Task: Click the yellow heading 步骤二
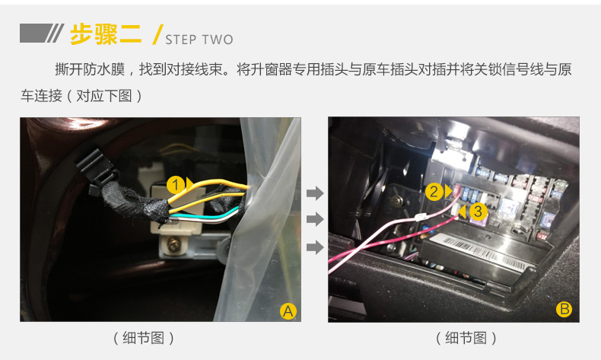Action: (106, 34)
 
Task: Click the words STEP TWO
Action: (199, 40)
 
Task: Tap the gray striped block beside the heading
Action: (42, 33)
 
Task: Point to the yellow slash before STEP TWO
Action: (157, 34)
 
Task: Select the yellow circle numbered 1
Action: (176, 185)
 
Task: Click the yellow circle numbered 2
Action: (434, 191)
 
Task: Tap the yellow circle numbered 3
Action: (478, 212)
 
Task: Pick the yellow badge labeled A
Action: (288, 311)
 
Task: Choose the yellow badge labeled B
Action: (564, 309)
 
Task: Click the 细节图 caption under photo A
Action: (143, 338)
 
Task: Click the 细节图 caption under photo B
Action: (466, 338)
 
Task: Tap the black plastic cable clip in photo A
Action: (97, 170)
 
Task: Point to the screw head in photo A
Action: (173, 244)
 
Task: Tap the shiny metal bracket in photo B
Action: (454, 153)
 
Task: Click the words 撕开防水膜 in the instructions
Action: (90, 69)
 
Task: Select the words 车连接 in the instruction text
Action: (41, 95)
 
